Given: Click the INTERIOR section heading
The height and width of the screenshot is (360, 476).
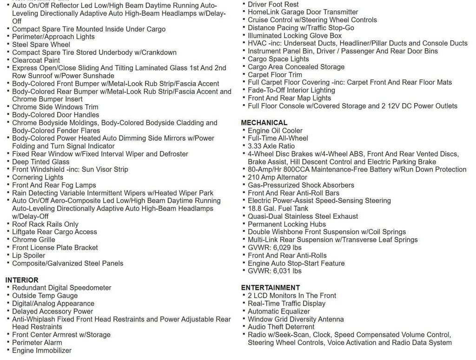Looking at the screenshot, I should point(22,280).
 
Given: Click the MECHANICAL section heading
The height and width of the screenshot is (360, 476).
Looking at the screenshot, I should point(264,123).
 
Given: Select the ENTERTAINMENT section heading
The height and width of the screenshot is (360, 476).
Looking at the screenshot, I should point(271,288).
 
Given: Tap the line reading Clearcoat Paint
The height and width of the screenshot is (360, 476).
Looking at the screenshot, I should point(36,60).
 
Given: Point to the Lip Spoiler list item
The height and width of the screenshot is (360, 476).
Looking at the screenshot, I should point(29,255).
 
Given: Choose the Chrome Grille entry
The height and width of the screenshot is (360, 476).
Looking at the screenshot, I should point(33,240).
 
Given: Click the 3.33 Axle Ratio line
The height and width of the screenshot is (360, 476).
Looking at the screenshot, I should point(271,146).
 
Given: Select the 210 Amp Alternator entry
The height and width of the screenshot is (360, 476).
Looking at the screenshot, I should point(277,177).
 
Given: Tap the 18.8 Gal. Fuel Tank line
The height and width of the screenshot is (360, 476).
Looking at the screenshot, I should point(278,209).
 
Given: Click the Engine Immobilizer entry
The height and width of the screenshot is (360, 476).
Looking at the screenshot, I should point(42,350).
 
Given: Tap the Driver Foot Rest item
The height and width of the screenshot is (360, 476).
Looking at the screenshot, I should point(273,4).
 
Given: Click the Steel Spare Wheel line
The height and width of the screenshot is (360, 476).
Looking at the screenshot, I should point(41,45).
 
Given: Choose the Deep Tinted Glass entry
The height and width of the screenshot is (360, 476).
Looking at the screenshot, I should point(41,162).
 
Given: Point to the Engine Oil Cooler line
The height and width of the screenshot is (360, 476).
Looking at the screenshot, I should point(275,131).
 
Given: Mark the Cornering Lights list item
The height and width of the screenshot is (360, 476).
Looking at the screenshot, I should point(38,177).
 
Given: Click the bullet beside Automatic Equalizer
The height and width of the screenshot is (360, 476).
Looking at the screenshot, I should point(244,311).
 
